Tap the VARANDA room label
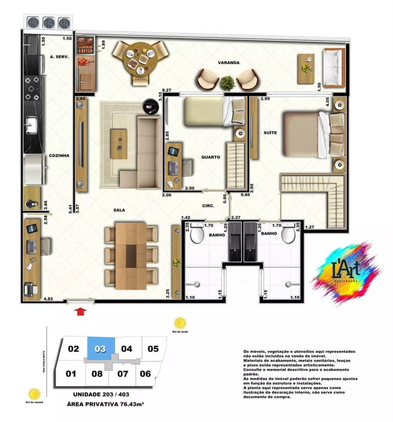tap(228, 62)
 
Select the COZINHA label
tap(59, 155)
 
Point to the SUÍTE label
tap(270, 133)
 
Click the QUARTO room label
tap(211, 157)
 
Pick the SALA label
tap(119, 210)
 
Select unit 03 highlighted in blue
tap(100, 349)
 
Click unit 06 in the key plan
tap(145, 373)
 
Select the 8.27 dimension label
tap(167, 90)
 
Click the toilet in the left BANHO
tap(197, 235)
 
